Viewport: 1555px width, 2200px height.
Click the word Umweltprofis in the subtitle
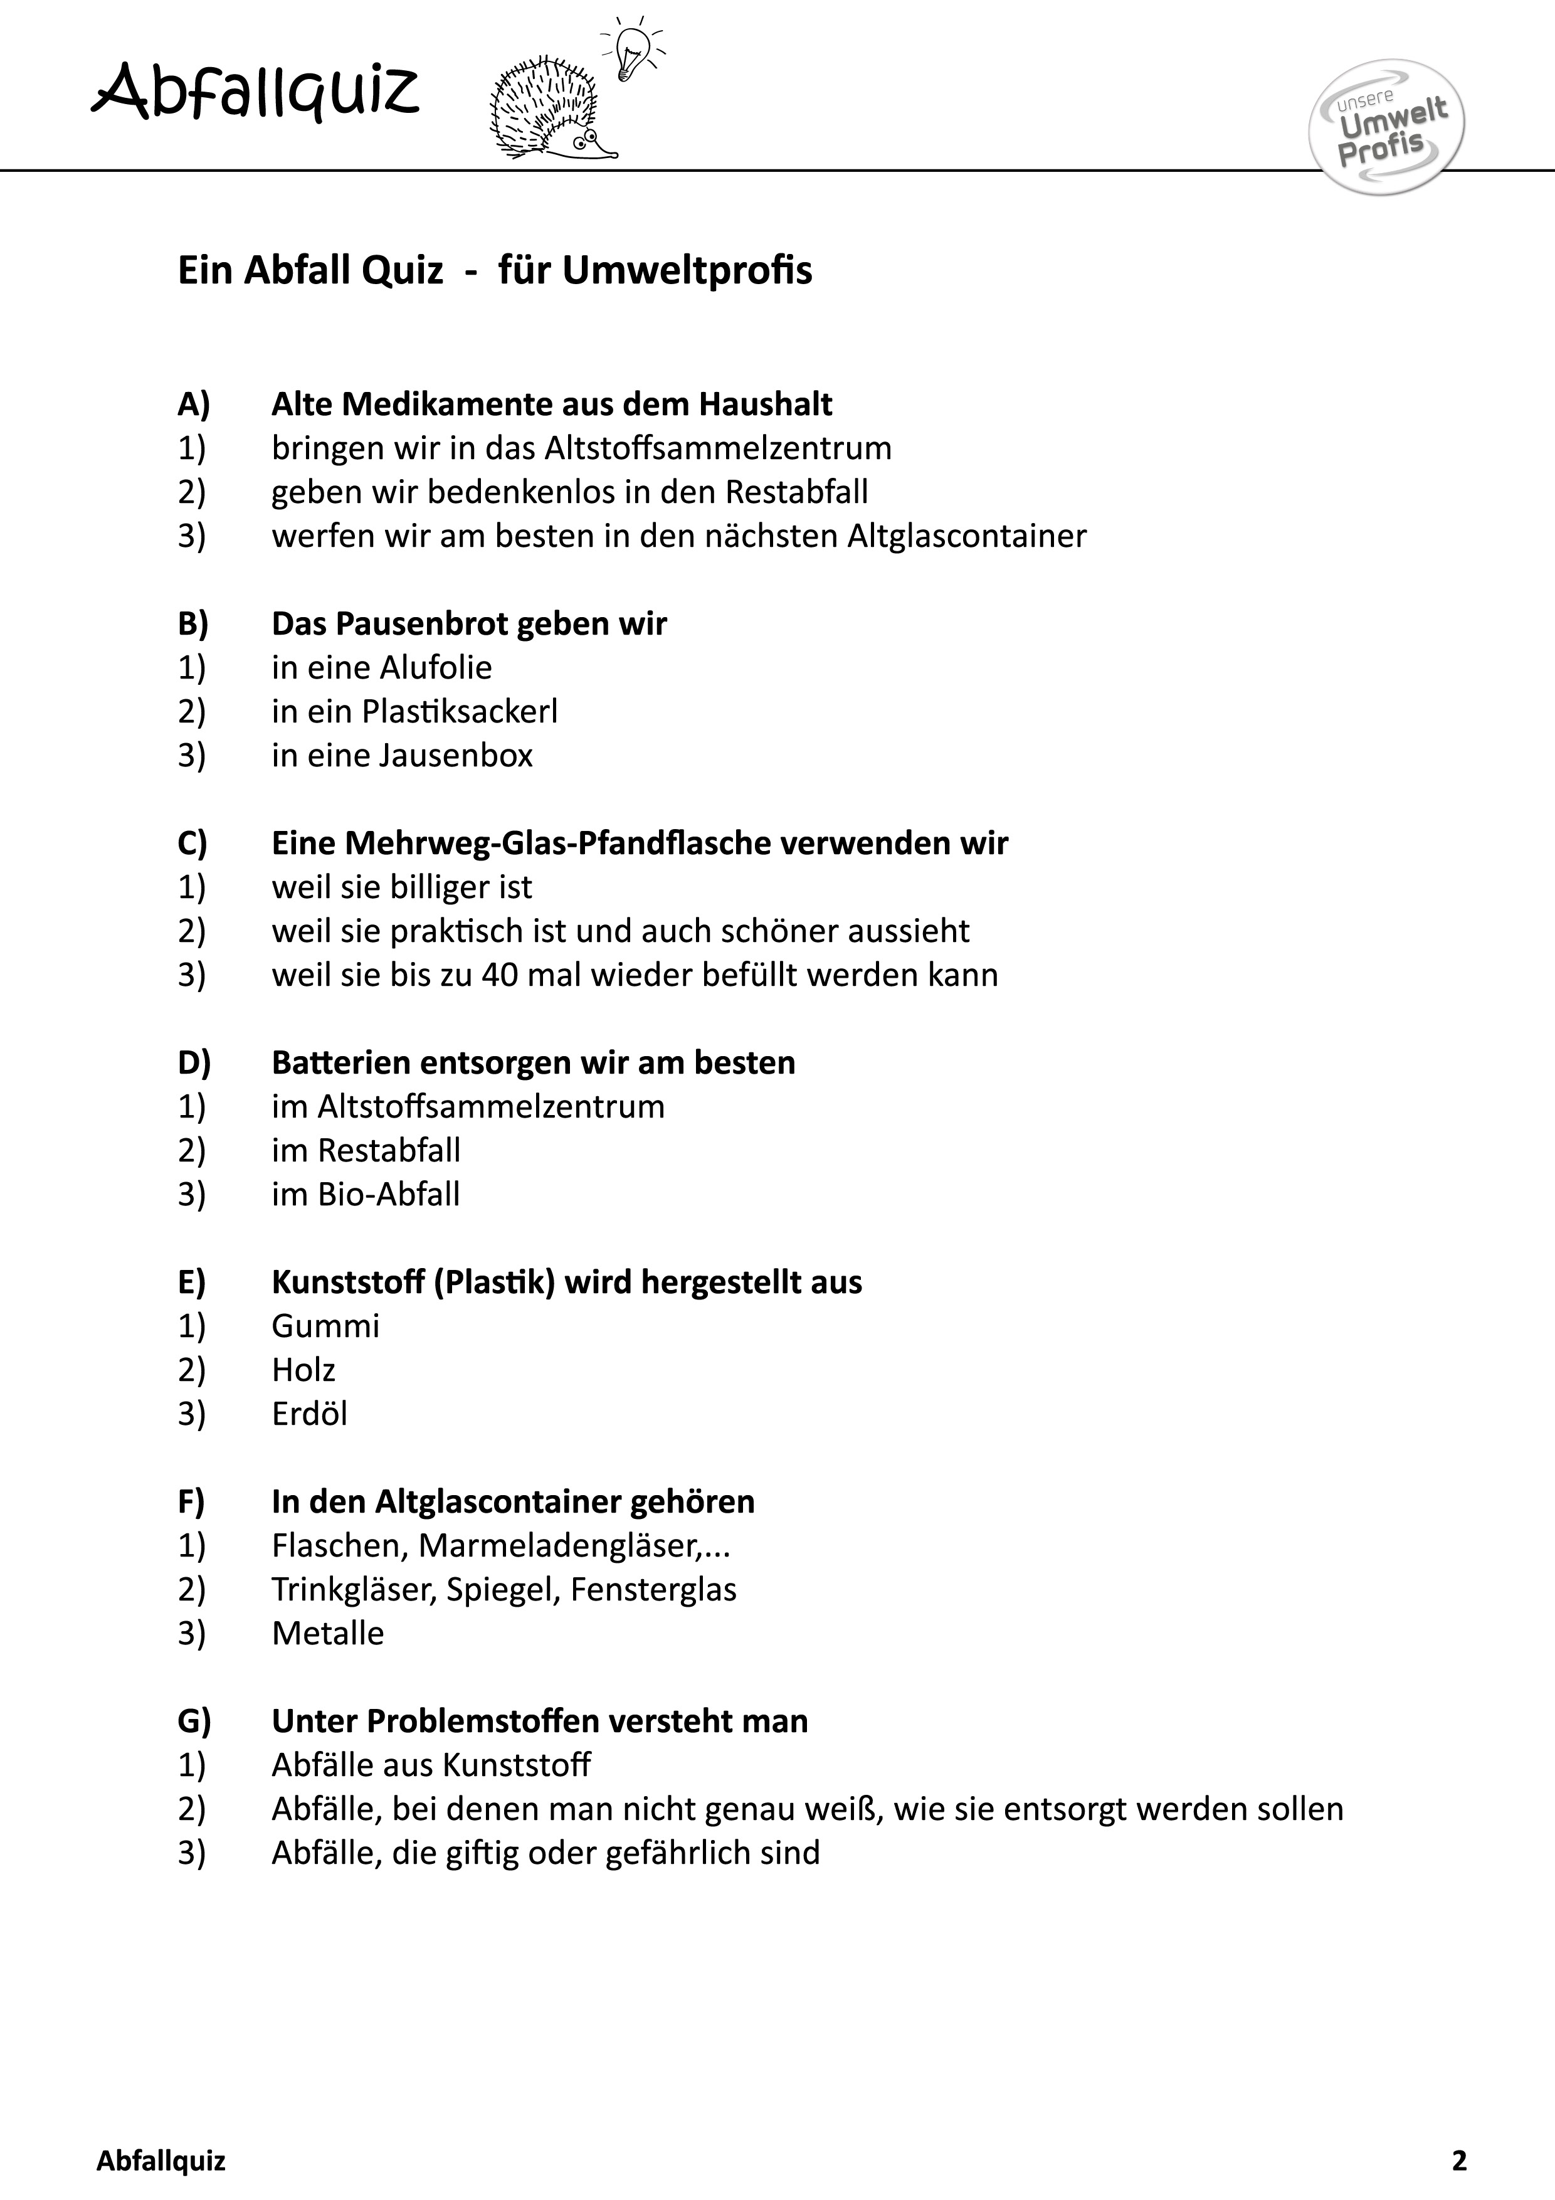pos(687,271)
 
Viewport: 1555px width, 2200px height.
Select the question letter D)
pos(194,1062)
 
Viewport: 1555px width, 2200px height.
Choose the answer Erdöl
pos(310,1414)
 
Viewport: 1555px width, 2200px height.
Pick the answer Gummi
pos(326,1326)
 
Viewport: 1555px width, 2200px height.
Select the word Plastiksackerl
pos(460,712)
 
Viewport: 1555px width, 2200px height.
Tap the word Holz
pos(303,1370)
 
